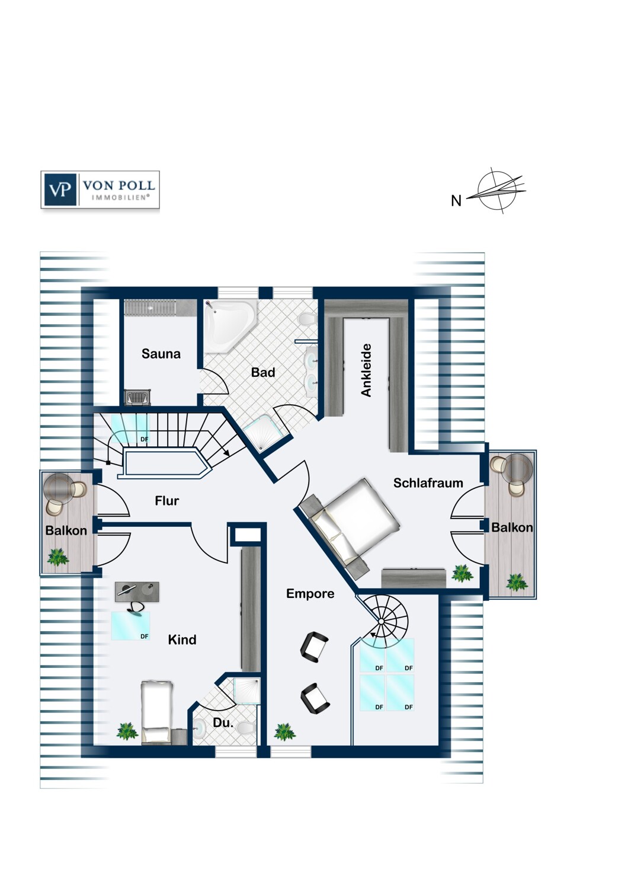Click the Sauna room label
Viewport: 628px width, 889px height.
(x=161, y=354)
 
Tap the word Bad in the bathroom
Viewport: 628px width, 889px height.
(x=263, y=372)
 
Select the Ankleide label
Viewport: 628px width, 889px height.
(x=366, y=370)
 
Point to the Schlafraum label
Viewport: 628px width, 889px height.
(x=428, y=482)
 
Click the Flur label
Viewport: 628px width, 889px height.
(x=166, y=500)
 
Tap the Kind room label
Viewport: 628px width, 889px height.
(x=182, y=639)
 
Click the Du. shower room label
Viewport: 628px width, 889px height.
(x=223, y=722)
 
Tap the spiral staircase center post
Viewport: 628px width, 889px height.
(x=380, y=621)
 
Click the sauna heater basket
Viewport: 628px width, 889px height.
(x=137, y=398)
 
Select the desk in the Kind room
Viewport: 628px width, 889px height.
(x=137, y=589)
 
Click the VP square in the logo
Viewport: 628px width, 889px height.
(x=60, y=190)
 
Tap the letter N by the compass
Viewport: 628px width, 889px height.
(x=456, y=201)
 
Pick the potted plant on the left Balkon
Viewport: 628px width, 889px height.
(x=58, y=557)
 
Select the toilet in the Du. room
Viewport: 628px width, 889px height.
(x=245, y=728)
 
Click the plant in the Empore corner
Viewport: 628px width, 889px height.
(x=285, y=732)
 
